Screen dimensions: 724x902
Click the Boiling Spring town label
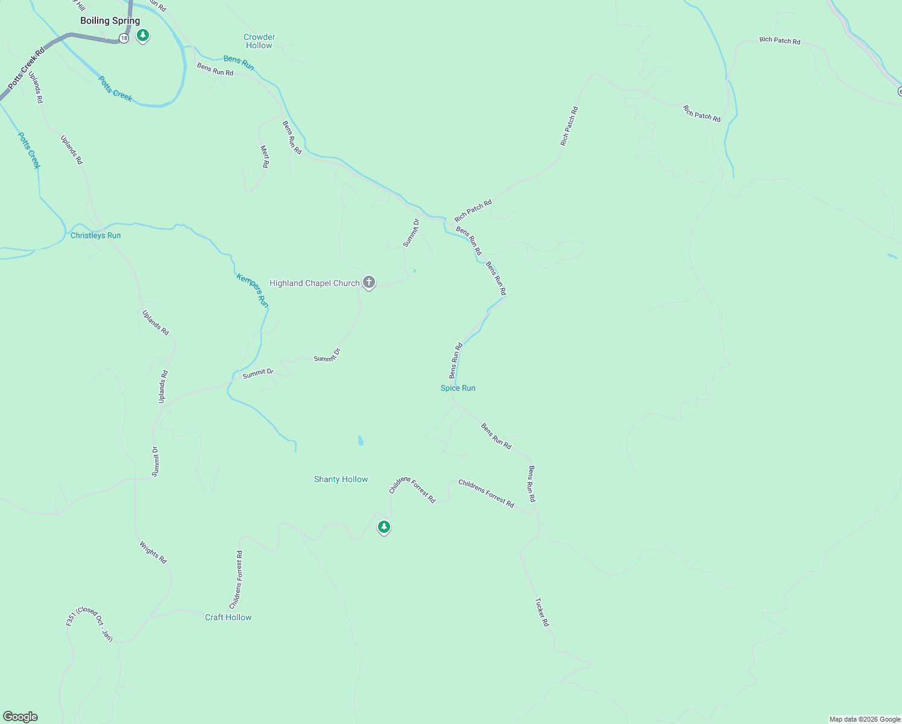(x=110, y=21)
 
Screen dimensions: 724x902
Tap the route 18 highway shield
(x=124, y=38)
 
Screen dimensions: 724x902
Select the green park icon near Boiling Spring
(x=143, y=36)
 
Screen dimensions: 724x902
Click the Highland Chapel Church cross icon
(x=369, y=282)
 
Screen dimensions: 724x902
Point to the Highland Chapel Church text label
(x=314, y=283)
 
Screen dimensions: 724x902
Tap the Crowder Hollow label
(x=259, y=41)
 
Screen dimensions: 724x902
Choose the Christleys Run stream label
(x=95, y=235)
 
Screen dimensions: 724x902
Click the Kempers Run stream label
(x=253, y=290)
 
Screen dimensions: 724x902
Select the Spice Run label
(x=458, y=388)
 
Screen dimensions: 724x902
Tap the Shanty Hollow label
(x=341, y=479)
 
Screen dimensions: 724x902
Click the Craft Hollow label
(x=228, y=617)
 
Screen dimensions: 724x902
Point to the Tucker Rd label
(x=542, y=612)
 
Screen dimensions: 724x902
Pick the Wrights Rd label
(x=153, y=553)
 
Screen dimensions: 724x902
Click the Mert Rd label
(x=265, y=156)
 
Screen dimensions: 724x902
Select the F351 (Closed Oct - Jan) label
(x=89, y=624)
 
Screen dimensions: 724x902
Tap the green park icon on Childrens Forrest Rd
(x=383, y=527)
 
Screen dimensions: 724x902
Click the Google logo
(x=20, y=717)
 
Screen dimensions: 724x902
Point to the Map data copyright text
(x=864, y=719)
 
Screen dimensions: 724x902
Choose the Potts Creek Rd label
(x=27, y=69)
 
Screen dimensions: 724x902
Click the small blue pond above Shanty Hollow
(x=361, y=440)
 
